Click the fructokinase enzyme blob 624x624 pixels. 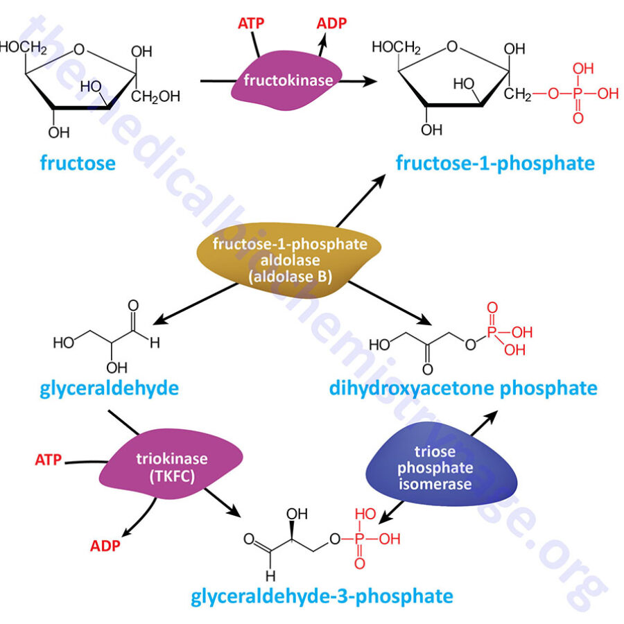[x=288, y=80]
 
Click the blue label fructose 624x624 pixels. [x=77, y=164]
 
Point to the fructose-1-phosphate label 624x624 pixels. [x=495, y=164]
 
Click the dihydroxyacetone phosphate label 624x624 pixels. [x=463, y=387]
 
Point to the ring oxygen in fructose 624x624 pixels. [x=81, y=49]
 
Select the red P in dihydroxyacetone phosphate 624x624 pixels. [x=492, y=332]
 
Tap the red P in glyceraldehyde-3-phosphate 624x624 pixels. [x=359, y=539]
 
